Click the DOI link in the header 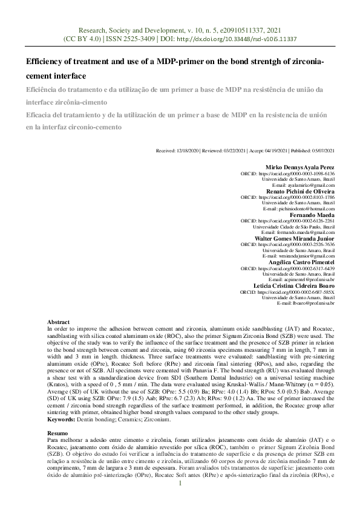[254, 38]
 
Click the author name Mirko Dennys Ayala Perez [300, 167]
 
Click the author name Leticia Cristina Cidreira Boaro [293, 285]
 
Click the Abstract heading [59, 322]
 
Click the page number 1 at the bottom [180, 501]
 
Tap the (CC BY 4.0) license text [82, 38]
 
